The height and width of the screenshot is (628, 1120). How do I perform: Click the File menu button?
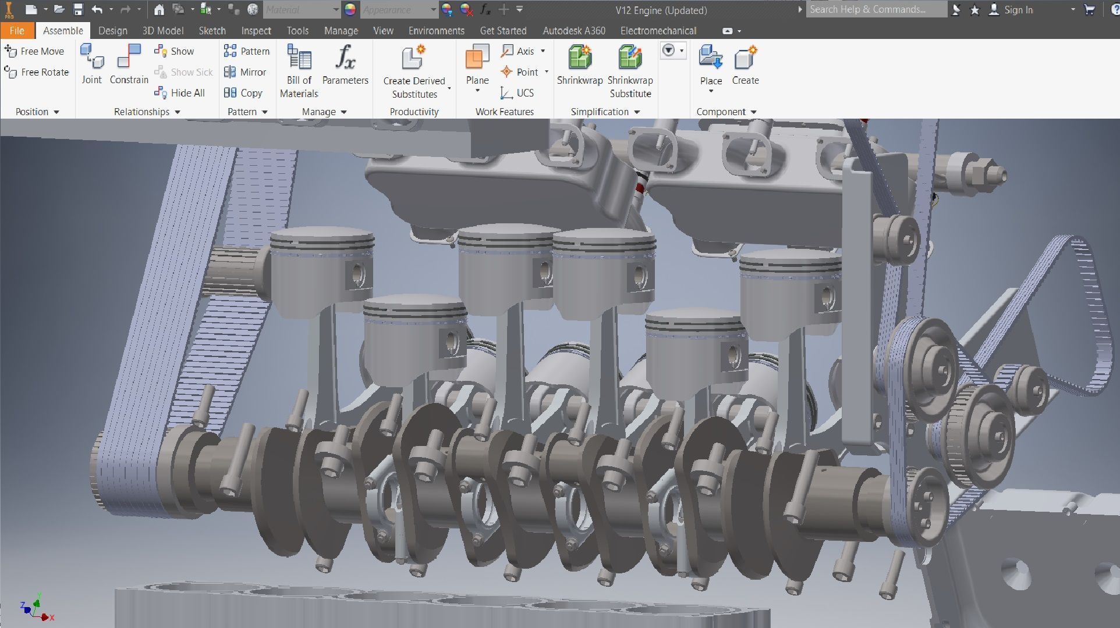pyautogui.click(x=17, y=31)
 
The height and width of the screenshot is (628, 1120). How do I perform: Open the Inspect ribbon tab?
pyautogui.click(x=256, y=31)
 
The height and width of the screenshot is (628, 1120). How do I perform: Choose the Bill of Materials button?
pyautogui.click(x=299, y=58)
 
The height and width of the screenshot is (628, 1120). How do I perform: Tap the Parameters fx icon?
pyautogui.click(x=345, y=58)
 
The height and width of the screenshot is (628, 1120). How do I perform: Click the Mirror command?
pyautogui.click(x=245, y=72)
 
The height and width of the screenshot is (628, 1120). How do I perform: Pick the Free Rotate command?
pyautogui.click(x=37, y=72)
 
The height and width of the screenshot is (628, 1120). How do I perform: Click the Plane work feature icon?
pyautogui.click(x=477, y=58)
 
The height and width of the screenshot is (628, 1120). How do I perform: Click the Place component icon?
pyautogui.click(x=711, y=58)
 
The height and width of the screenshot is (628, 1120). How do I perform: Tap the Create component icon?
pyautogui.click(x=746, y=58)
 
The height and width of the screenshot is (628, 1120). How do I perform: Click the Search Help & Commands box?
pyautogui.click(x=876, y=9)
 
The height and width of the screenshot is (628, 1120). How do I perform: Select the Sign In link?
pyautogui.click(x=1018, y=10)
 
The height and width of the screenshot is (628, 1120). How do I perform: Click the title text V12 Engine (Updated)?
pyautogui.click(x=661, y=10)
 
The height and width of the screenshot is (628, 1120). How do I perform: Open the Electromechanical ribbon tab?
pyautogui.click(x=658, y=31)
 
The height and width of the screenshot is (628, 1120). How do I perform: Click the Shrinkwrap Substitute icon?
pyautogui.click(x=630, y=58)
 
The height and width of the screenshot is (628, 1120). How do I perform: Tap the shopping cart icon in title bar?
pyautogui.click(x=1090, y=9)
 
